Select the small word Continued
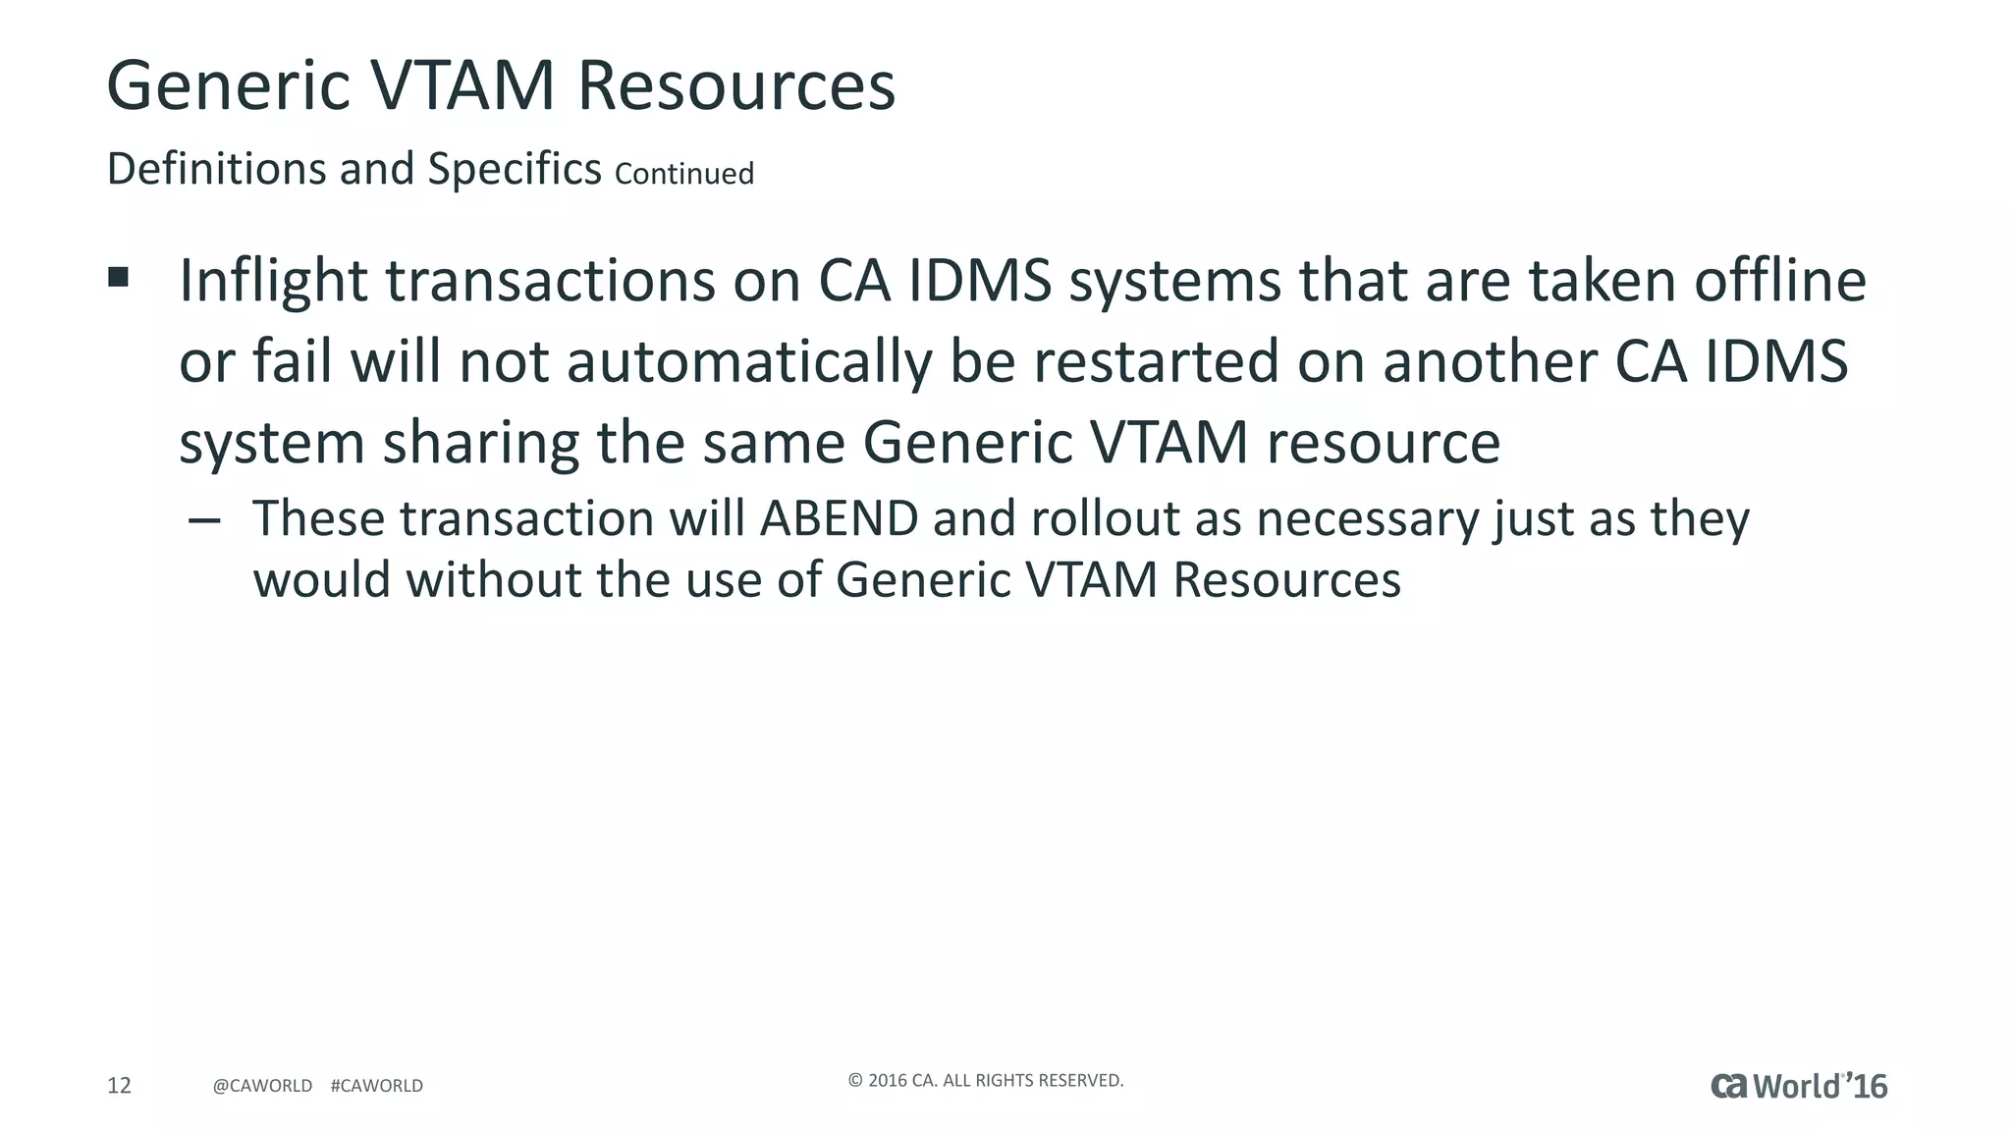pyautogui.click(x=684, y=174)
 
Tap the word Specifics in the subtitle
pyautogui.click(x=514, y=169)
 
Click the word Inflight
pyautogui.click(x=273, y=282)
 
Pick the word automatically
pyautogui.click(x=749, y=362)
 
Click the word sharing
pyautogui.click(x=480, y=443)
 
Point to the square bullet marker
pyautogui.click(x=119, y=278)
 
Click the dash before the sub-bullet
pyautogui.click(x=203, y=520)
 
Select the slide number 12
pyautogui.click(x=119, y=1085)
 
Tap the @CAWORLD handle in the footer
pyautogui.click(x=262, y=1086)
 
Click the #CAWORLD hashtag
pyautogui.click(x=377, y=1086)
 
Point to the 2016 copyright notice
pyautogui.click(x=985, y=1080)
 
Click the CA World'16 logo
pyautogui.click(x=1799, y=1086)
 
